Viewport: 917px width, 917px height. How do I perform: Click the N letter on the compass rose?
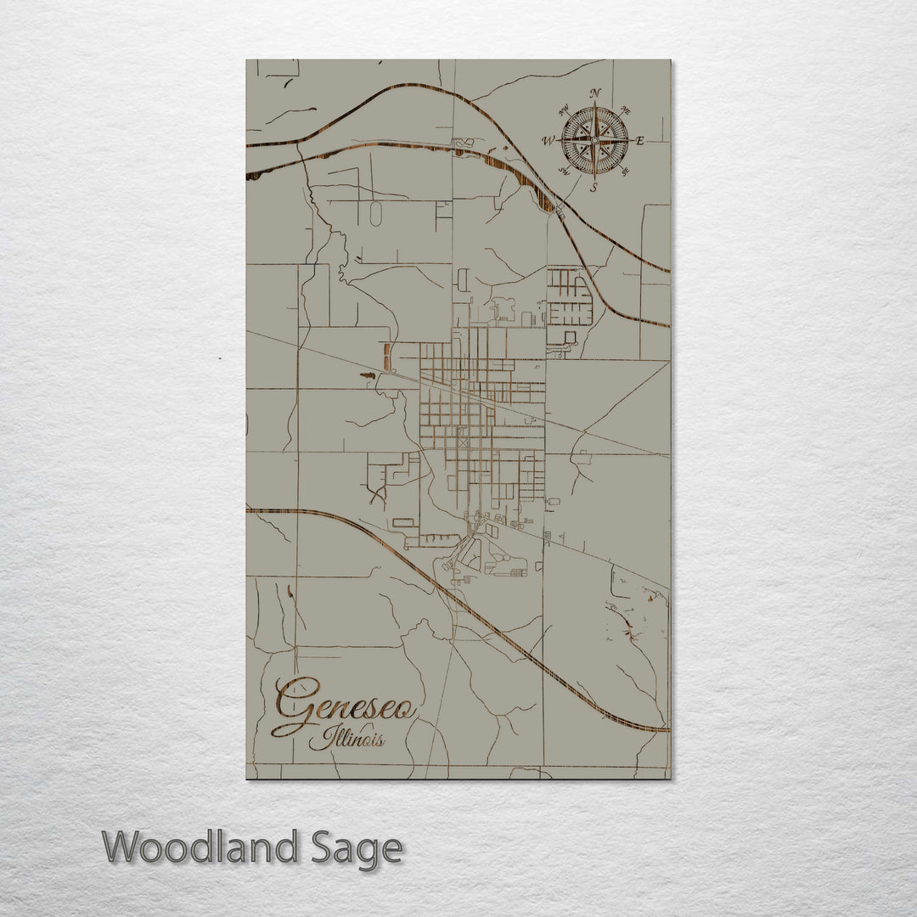(x=595, y=93)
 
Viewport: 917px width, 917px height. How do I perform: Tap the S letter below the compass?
(x=594, y=187)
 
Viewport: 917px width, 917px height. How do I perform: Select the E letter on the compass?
(x=640, y=141)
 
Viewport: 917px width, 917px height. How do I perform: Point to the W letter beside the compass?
(x=549, y=141)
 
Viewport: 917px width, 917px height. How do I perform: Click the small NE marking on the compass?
(x=626, y=110)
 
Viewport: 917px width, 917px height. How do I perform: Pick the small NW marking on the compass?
(x=564, y=109)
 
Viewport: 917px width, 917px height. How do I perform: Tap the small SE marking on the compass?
(x=626, y=172)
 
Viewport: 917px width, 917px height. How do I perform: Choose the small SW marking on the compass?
(x=564, y=172)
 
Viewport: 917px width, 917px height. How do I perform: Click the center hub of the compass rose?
(x=594, y=139)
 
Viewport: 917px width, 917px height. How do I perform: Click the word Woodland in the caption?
(x=200, y=847)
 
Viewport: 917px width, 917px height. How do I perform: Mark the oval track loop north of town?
(x=375, y=214)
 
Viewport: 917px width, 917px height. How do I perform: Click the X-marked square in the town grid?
(x=462, y=442)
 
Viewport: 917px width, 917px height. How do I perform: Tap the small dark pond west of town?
(x=367, y=374)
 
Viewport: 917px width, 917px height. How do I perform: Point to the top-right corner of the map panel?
(x=669, y=60)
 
